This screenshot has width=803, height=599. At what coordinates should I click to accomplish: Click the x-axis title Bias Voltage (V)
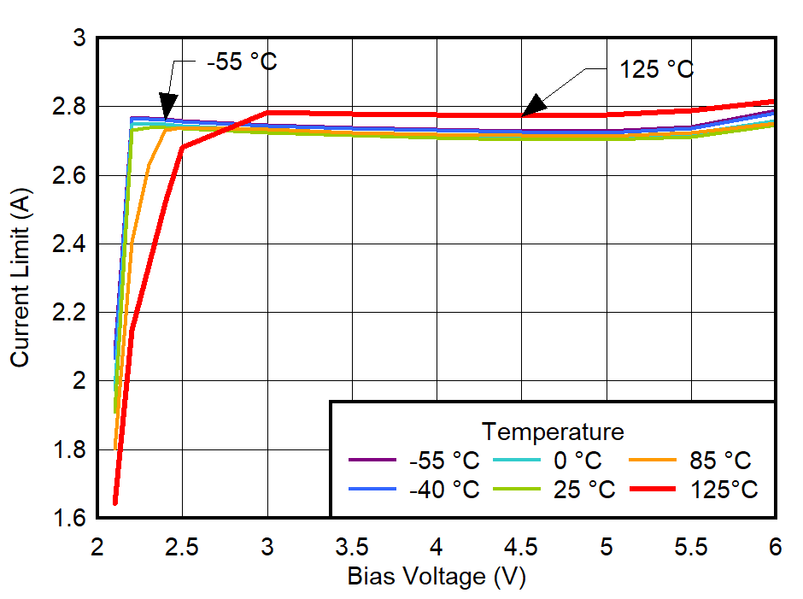(x=436, y=577)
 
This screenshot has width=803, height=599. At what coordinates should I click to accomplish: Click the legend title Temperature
(x=552, y=430)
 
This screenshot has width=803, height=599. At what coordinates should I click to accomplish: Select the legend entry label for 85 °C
(x=719, y=461)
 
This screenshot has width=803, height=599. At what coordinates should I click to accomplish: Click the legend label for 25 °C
(x=584, y=490)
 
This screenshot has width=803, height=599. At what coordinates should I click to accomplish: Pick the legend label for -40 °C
(x=444, y=490)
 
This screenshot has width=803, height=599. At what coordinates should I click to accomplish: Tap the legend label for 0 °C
(x=577, y=461)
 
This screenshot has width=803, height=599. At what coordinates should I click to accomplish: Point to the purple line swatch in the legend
(x=372, y=461)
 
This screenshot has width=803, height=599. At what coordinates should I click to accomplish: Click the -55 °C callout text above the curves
(x=242, y=62)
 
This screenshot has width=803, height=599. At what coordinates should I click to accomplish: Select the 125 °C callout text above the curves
(x=656, y=69)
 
